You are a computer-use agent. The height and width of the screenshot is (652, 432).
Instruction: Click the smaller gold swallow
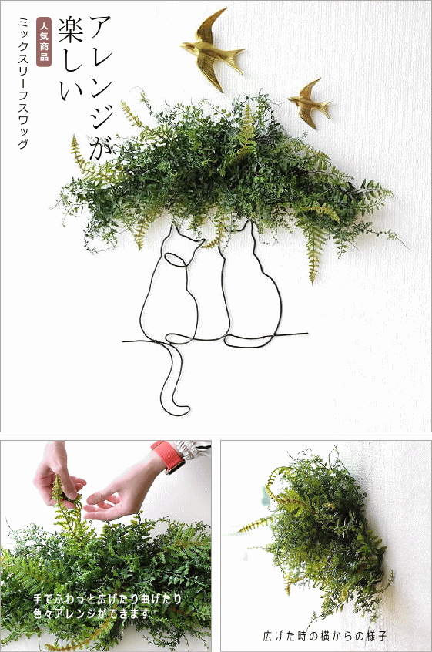point(310,99)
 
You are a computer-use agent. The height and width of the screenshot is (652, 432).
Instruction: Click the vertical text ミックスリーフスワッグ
point(22,85)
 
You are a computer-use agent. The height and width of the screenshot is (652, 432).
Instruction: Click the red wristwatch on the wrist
point(170,457)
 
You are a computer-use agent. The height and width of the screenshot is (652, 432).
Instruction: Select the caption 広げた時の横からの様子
point(323,637)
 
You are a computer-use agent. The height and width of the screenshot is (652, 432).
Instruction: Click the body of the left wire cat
point(181,301)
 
